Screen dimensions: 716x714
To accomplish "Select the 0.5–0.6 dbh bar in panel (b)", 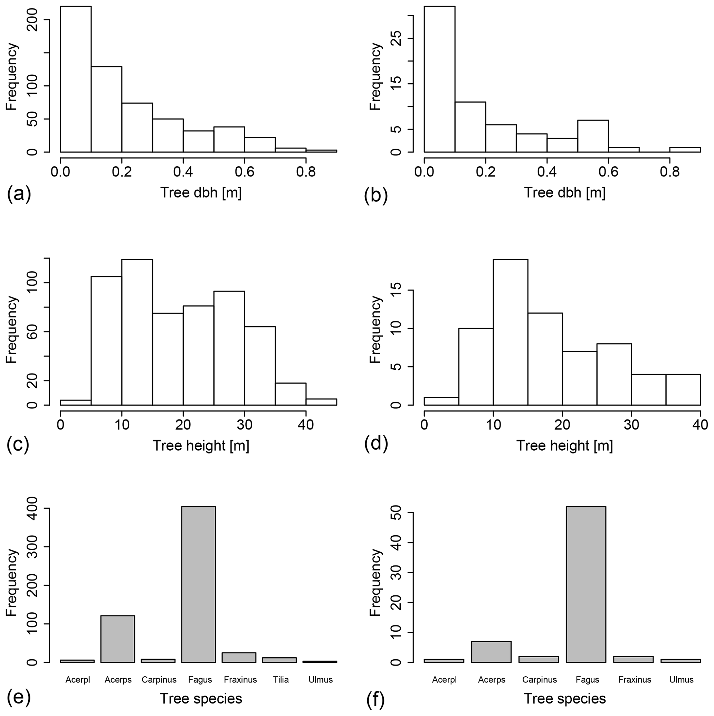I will tap(593, 136).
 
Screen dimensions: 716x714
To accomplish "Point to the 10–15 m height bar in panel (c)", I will tap(137, 332).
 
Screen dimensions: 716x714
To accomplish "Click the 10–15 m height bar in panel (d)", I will tap(510, 332).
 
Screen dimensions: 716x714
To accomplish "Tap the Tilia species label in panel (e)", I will tap(280, 680).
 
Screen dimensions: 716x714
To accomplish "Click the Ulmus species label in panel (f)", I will tap(682, 680).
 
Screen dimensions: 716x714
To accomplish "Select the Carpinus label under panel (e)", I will tap(159, 680).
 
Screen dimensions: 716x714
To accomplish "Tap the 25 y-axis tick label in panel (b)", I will tap(397, 38).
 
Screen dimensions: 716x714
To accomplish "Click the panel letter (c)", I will tap(18, 444).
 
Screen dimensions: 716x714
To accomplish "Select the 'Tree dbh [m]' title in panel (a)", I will tap(200, 193).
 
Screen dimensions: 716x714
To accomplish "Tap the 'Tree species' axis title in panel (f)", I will tap(564, 699).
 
